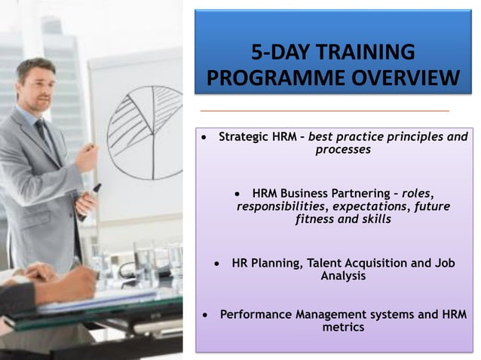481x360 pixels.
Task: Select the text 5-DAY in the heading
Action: click(277, 52)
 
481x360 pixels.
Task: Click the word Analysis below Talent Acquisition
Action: click(343, 276)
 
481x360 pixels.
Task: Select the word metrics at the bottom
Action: click(343, 327)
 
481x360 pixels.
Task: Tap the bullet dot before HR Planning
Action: click(217, 264)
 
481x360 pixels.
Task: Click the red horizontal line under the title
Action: click(324, 111)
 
